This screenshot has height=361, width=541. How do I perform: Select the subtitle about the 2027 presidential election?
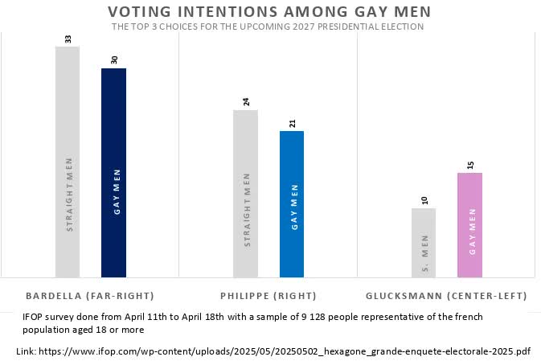click(268, 27)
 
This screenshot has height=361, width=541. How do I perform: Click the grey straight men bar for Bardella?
click(68, 161)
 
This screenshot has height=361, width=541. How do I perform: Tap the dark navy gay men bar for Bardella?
click(113, 172)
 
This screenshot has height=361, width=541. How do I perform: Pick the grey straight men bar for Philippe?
click(245, 193)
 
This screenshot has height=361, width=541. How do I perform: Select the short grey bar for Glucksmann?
click(424, 242)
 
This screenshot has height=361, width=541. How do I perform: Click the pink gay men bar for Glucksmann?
click(469, 224)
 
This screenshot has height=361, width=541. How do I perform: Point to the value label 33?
click(68, 39)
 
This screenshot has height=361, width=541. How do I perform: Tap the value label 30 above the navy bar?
click(113, 60)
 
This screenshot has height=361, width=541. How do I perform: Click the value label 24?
click(245, 102)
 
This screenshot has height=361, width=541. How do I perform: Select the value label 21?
click(292, 123)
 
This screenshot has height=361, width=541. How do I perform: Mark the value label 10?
click(424, 200)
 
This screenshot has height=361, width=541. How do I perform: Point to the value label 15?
click(469, 165)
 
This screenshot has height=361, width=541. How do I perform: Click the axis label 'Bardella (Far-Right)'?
click(90, 295)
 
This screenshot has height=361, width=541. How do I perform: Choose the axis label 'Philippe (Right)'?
click(268, 295)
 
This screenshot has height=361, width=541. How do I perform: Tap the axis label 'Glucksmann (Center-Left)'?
click(446, 295)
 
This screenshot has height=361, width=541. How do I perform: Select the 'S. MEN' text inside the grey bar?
click(424, 253)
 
